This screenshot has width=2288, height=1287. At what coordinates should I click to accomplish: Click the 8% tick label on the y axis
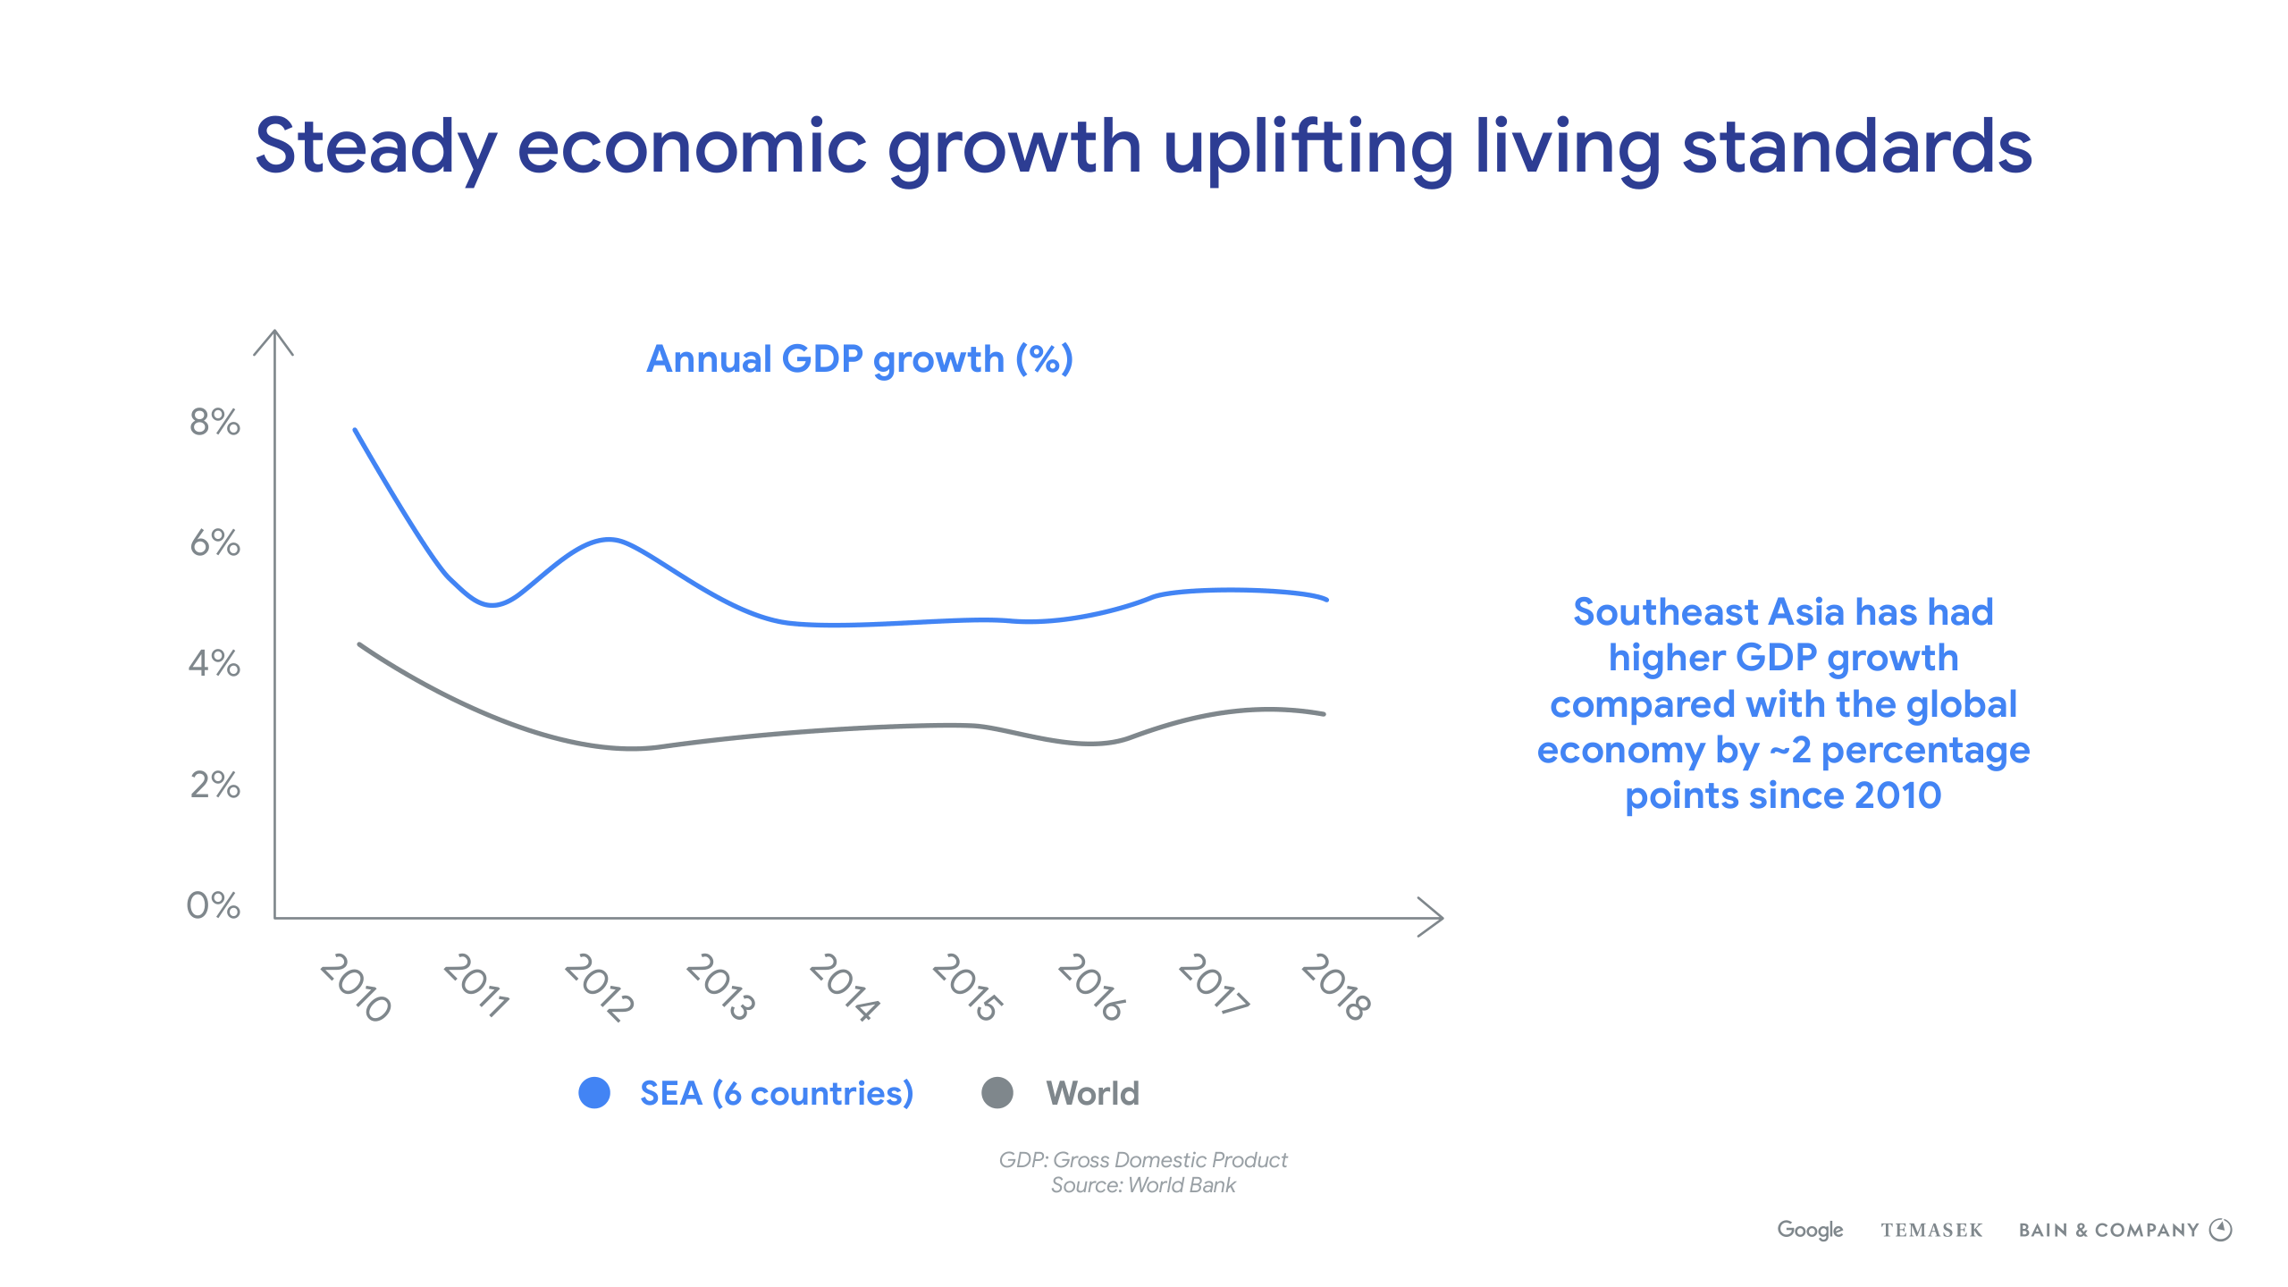click(214, 422)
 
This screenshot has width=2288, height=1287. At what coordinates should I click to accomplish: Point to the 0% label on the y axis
click(213, 905)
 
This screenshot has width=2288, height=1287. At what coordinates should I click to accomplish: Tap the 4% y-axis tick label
click(214, 663)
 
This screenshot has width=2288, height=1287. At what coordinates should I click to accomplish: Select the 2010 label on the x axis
click(356, 987)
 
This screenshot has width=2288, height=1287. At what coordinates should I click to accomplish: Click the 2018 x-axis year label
click(1335, 987)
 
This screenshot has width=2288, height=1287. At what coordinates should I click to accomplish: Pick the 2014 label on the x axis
click(845, 987)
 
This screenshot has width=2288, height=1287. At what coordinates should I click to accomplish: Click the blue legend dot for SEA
click(594, 1093)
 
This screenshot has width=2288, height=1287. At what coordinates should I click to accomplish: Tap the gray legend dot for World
click(997, 1093)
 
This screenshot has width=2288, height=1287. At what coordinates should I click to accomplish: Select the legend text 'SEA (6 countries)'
click(777, 1093)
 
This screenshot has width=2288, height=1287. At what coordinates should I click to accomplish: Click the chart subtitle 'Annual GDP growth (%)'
click(859, 359)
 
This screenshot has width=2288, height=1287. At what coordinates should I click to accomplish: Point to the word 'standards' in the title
click(1857, 147)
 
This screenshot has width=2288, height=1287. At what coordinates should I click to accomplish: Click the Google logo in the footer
click(1810, 1230)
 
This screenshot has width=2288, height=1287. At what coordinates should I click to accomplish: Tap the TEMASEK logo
click(1931, 1231)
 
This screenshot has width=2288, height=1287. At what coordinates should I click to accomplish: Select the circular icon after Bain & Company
click(2221, 1230)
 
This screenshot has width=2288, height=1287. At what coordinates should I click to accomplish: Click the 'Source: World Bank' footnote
click(1143, 1185)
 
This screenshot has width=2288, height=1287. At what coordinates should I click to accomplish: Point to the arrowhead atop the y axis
click(274, 340)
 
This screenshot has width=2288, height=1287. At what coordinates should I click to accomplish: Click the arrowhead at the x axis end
click(1434, 918)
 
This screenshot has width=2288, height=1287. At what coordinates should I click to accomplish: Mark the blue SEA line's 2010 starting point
click(356, 431)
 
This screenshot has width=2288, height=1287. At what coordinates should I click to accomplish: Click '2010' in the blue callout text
click(1897, 795)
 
